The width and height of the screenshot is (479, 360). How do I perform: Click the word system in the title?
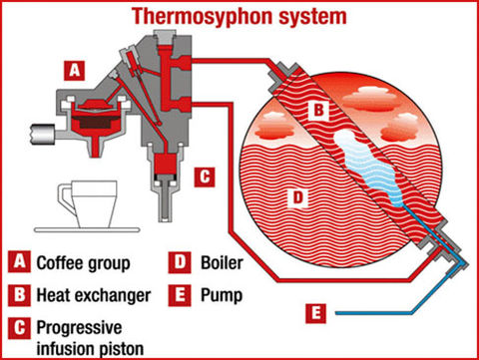point(312,17)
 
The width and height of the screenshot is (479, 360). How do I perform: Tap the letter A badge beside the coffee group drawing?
point(75,71)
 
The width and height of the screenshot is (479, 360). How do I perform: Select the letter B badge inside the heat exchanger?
point(318,110)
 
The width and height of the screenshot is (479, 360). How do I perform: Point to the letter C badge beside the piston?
point(205,177)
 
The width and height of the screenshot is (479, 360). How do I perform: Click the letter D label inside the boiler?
point(297,197)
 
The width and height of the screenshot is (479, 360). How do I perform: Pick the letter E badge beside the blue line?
point(315,313)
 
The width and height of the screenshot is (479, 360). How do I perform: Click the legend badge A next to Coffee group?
point(19,261)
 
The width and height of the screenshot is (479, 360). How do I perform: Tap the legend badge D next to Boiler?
point(180,262)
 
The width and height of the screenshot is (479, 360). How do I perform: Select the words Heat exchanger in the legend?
point(94,295)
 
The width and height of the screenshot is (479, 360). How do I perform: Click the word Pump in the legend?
point(222,296)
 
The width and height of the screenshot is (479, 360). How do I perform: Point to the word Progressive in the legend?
point(79,328)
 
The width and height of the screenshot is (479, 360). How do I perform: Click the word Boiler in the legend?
point(222,263)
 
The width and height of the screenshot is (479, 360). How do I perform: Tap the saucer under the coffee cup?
point(87,230)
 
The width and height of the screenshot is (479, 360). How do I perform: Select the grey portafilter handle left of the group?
point(42,134)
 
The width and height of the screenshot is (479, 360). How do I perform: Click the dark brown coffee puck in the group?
point(96,123)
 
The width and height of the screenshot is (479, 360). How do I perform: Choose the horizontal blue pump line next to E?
point(374,313)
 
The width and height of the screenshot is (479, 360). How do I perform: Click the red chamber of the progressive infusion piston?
point(165,164)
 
